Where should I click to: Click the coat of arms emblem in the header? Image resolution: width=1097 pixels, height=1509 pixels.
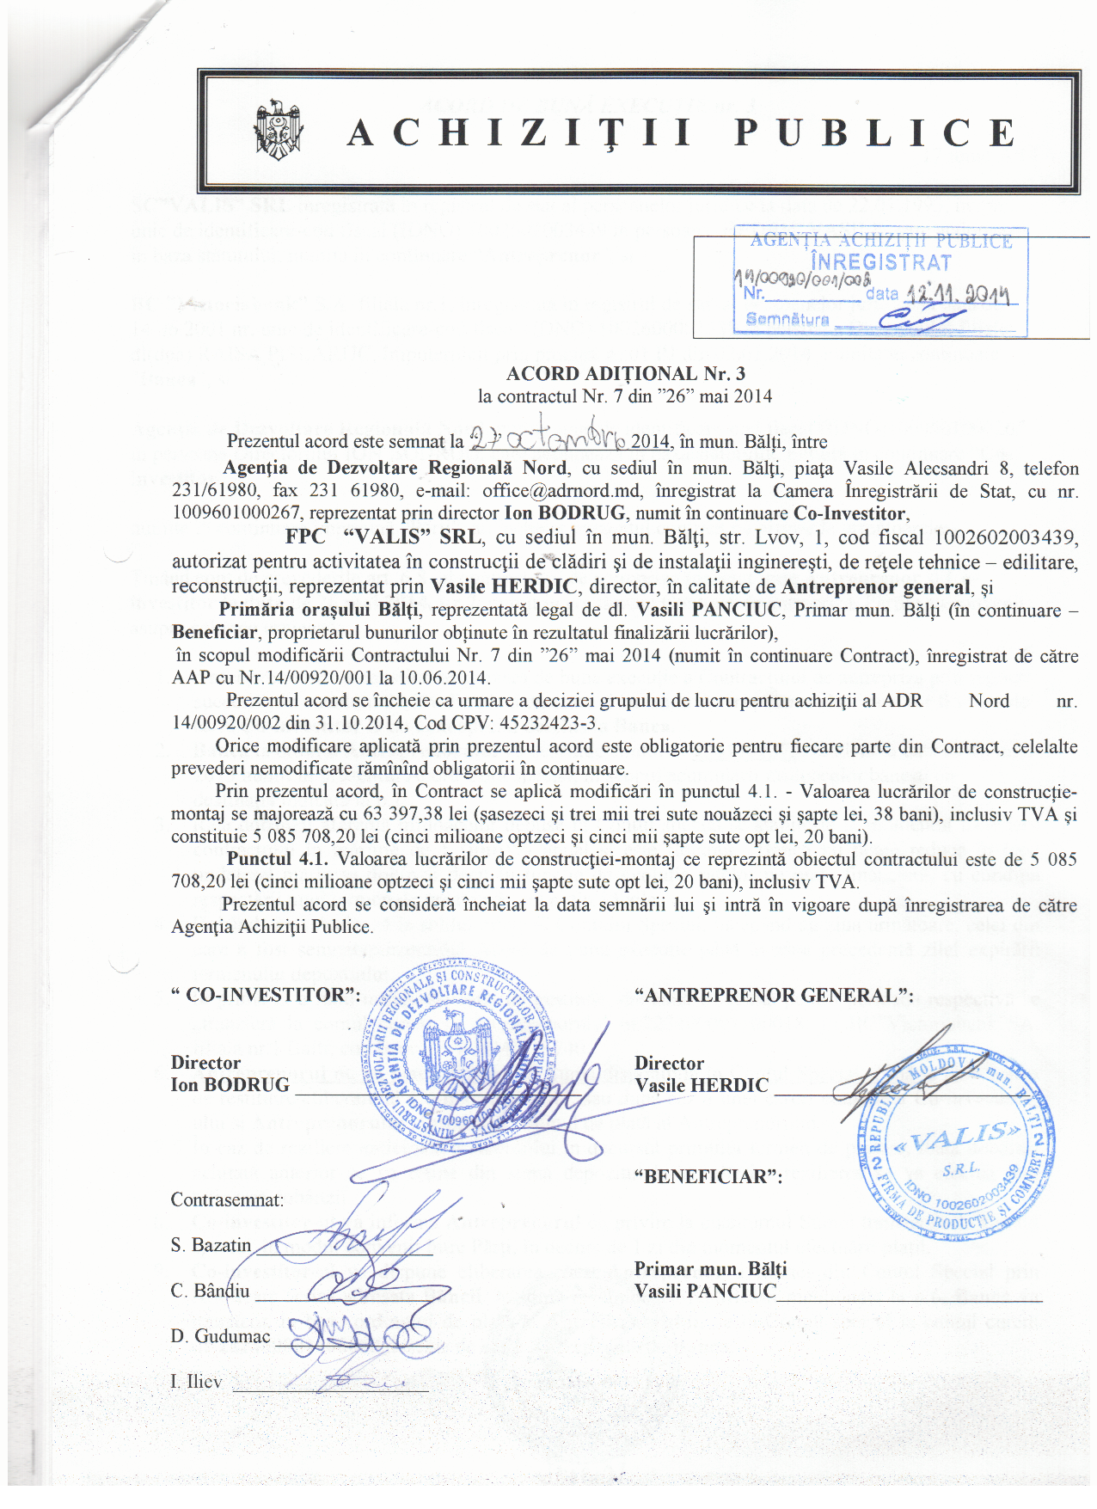(277, 132)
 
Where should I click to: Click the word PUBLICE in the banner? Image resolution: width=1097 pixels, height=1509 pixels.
(874, 133)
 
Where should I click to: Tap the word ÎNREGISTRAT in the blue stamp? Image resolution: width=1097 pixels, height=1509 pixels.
(881, 262)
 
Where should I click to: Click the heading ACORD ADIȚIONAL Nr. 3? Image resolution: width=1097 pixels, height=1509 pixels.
(625, 373)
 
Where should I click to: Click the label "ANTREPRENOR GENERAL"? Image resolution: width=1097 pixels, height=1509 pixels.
(773, 995)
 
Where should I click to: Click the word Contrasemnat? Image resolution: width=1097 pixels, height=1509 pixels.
(227, 1199)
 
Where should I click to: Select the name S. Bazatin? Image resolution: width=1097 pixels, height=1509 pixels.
(211, 1245)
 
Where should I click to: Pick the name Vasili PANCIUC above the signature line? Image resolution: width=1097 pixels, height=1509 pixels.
(705, 1291)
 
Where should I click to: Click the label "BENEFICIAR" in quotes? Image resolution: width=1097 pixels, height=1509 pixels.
(708, 1176)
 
